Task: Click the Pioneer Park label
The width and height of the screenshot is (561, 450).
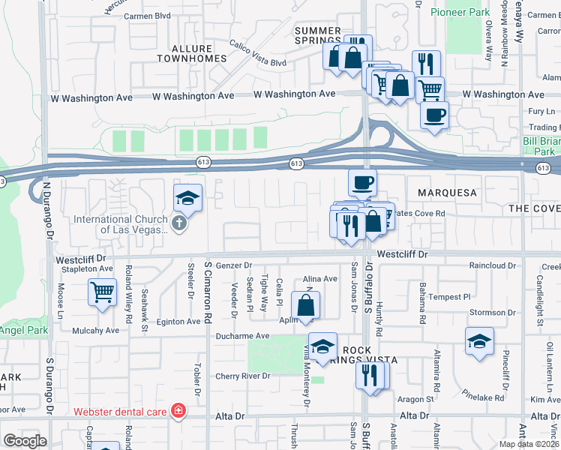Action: coord(459,13)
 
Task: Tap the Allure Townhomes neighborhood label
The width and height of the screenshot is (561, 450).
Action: coord(191,52)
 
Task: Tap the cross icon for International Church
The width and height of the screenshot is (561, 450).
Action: coord(178,223)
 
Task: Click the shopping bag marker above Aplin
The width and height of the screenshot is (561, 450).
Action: coord(306,306)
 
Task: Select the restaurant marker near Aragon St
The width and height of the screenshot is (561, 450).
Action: coord(370,375)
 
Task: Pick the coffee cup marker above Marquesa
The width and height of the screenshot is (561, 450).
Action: coord(362,182)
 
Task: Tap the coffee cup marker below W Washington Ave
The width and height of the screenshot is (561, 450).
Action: coord(434,115)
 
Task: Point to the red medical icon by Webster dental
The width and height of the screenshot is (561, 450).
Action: coord(178,411)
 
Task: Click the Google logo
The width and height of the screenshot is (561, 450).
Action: coord(25,440)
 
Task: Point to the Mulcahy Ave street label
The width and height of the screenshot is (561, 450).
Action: coord(96,330)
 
